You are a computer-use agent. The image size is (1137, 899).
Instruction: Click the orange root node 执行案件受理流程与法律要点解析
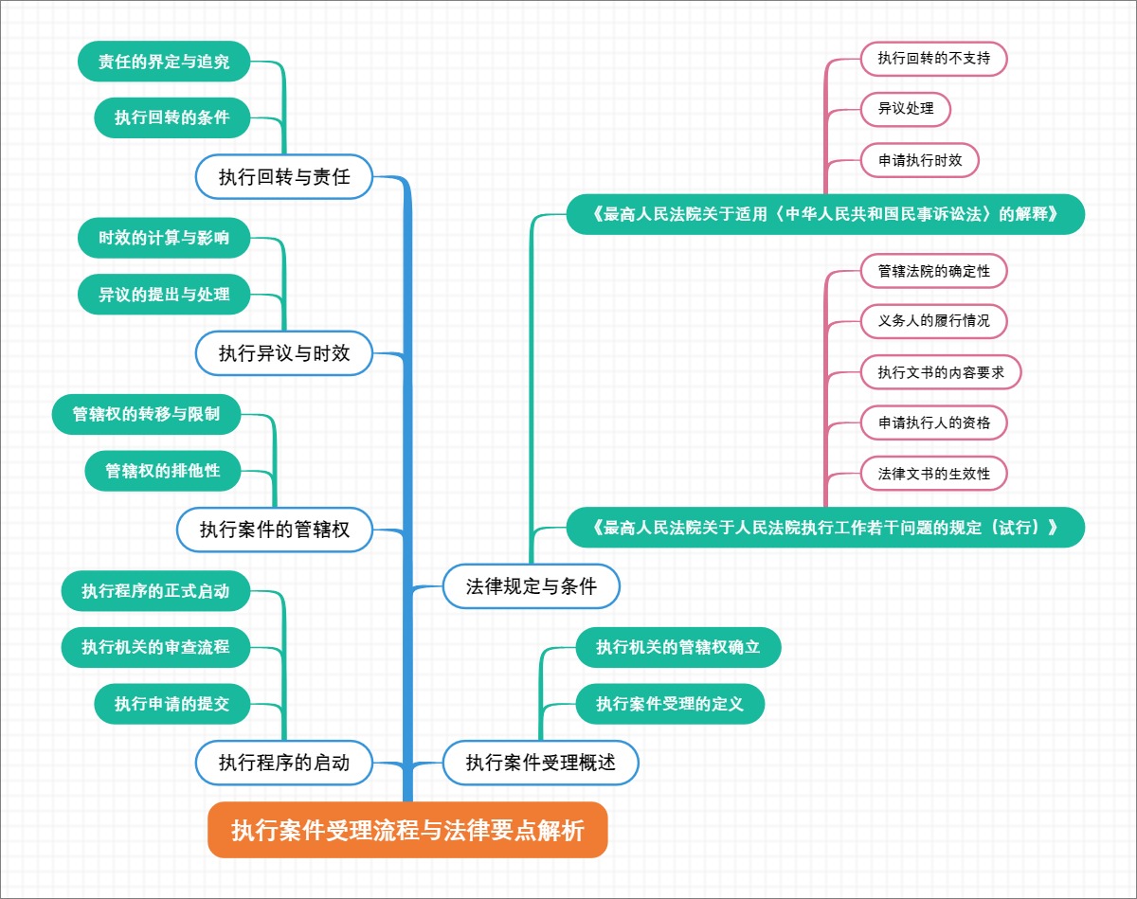coord(407,831)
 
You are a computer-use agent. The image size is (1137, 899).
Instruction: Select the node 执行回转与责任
coord(284,176)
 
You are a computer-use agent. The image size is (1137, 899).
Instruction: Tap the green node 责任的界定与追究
coord(164,63)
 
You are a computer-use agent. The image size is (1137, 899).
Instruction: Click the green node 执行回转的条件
coord(173,118)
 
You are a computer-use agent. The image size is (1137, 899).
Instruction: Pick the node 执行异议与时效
coord(284,353)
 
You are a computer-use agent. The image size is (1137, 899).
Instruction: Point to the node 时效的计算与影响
coord(164,239)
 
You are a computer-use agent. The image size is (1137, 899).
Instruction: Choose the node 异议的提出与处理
coord(164,294)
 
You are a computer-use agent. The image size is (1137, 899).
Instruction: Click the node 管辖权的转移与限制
coord(147,414)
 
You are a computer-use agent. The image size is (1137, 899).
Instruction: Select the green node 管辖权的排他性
coord(163,470)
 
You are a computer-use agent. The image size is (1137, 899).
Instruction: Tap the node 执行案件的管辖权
coord(275,530)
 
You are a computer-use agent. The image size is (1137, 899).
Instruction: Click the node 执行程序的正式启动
coord(155,592)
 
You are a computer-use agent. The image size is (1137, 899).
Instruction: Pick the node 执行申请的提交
coord(173,704)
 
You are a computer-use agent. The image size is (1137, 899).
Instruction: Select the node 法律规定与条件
coord(532,586)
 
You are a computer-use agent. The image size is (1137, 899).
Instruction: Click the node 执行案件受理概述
coord(541,763)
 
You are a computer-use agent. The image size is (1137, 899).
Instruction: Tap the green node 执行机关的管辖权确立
coord(678,647)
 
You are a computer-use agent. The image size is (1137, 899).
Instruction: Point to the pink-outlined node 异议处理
coord(906,108)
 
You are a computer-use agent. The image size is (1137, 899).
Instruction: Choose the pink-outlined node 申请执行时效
coord(920,160)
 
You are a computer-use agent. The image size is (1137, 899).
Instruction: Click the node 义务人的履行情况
coord(933,320)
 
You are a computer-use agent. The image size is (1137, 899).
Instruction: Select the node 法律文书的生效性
coord(933,474)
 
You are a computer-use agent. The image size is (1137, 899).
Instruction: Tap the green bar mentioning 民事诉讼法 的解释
coord(824,214)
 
